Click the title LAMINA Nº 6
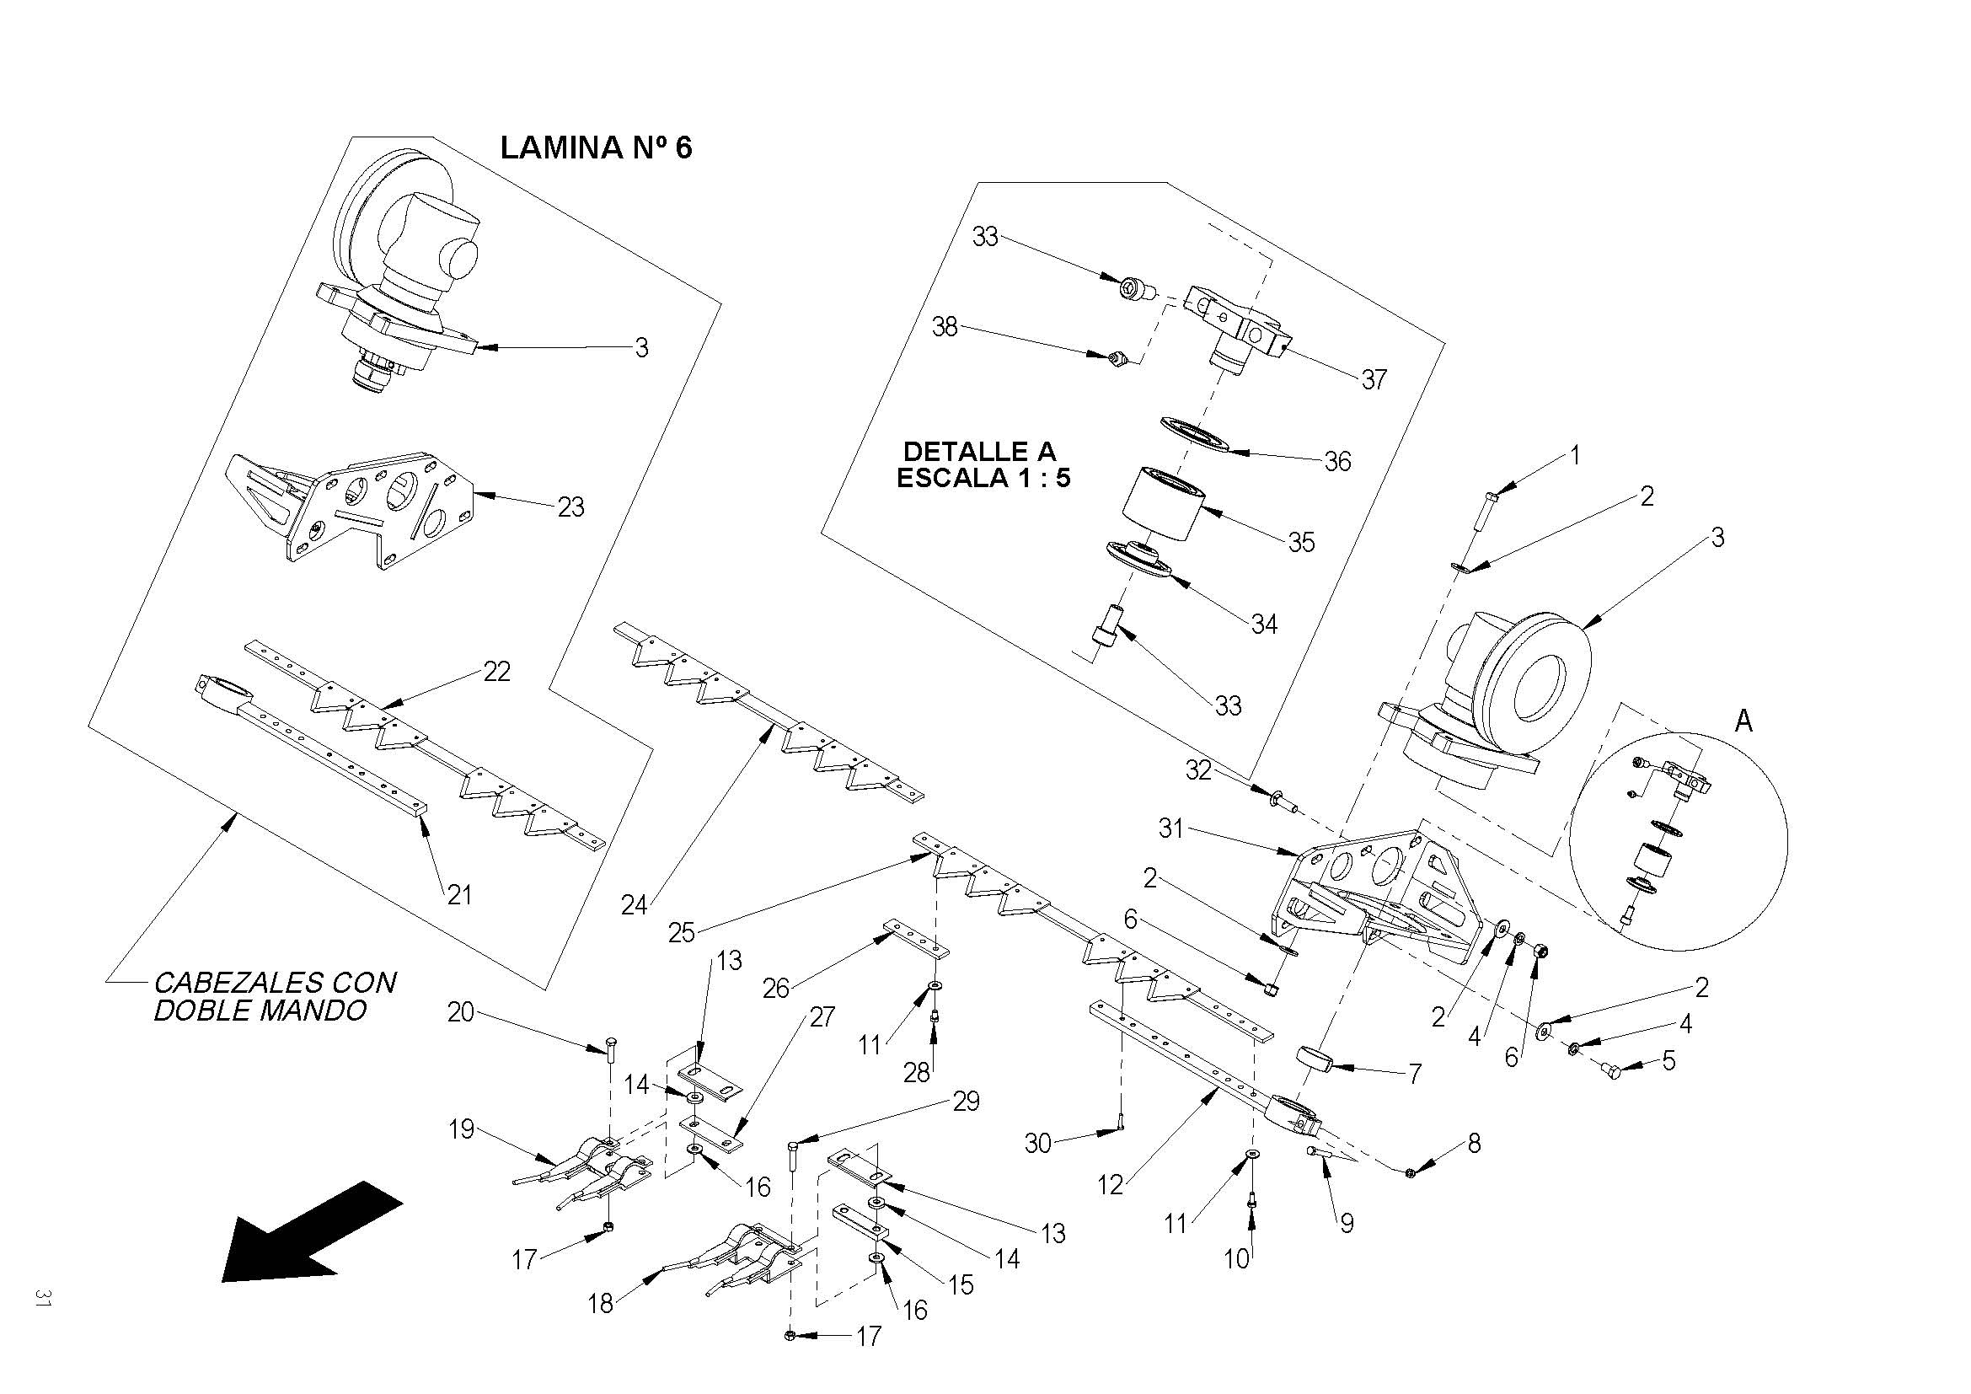point(596,147)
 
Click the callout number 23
point(570,507)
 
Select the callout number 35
point(1301,543)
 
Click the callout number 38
point(945,327)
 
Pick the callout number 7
point(1414,1073)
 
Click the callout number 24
point(634,904)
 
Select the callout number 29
point(967,1102)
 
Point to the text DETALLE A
point(979,452)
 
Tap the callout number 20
point(461,1013)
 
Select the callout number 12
point(1111,1186)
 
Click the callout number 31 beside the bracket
point(1171,828)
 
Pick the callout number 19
point(462,1129)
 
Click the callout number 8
point(1474,1144)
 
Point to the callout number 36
point(1337,462)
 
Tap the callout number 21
point(460,894)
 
